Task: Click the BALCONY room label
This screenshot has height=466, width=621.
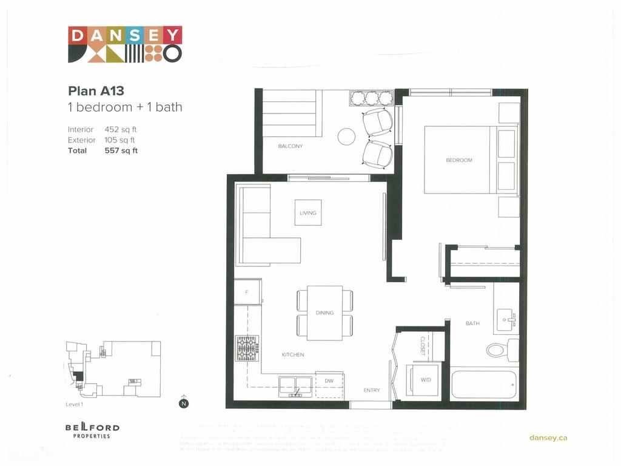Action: (x=290, y=146)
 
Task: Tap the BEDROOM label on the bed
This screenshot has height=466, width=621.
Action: (x=459, y=160)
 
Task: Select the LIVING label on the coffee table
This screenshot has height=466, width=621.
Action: (x=308, y=213)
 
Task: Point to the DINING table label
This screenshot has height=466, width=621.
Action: (x=324, y=313)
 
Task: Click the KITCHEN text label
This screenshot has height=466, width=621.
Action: (x=293, y=354)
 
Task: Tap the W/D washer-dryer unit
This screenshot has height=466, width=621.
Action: (x=426, y=380)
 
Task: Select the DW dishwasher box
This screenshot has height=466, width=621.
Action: (x=329, y=381)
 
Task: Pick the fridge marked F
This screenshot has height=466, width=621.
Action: (x=247, y=292)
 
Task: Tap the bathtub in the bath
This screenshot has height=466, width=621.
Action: (x=484, y=385)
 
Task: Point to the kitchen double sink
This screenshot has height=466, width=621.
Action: (x=295, y=386)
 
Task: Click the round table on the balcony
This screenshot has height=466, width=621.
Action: (x=346, y=137)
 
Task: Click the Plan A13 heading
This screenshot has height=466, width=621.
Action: (x=96, y=91)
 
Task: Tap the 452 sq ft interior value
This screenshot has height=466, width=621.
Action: (x=121, y=129)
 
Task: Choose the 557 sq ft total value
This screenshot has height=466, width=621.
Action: (x=121, y=150)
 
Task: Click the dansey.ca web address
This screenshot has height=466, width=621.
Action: (x=548, y=437)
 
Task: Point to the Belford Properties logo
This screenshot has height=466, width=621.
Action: (x=92, y=430)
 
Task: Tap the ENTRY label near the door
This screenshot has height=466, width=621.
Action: (x=372, y=390)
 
